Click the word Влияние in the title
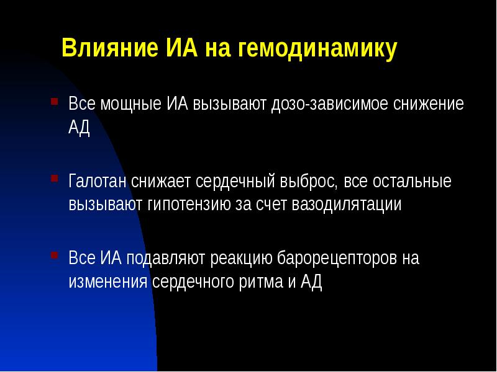107,49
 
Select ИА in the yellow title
181,49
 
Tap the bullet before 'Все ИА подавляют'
55,254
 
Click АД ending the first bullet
80,127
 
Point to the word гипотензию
199,205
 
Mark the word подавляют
171,259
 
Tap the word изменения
108,281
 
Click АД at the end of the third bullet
311,281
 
